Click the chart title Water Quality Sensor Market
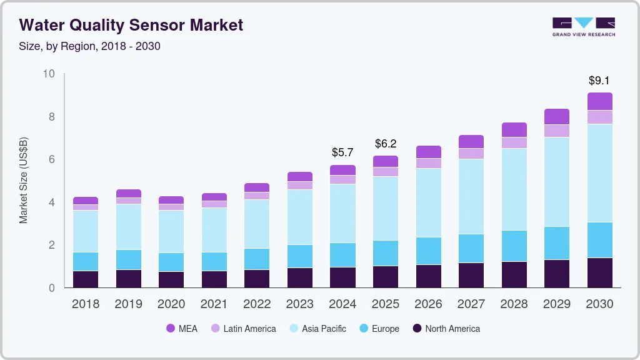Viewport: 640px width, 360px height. (x=131, y=25)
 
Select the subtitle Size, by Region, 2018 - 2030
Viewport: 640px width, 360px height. (x=90, y=46)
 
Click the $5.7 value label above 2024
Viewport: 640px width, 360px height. (x=342, y=152)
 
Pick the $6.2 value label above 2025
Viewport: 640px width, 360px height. (x=386, y=144)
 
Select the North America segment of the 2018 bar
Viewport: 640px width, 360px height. (x=86, y=279)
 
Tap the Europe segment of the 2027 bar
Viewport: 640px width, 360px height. (x=471, y=249)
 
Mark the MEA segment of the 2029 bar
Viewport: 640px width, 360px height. (x=557, y=116)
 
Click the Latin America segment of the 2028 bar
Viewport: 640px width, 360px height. (x=514, y=142)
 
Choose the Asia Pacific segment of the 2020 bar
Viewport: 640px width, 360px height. (x=171, y=231)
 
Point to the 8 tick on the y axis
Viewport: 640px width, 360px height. (x=51, y=117)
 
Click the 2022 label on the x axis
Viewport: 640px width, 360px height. (x=257, y=304)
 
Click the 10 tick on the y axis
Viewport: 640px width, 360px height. (x=49, y=74)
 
